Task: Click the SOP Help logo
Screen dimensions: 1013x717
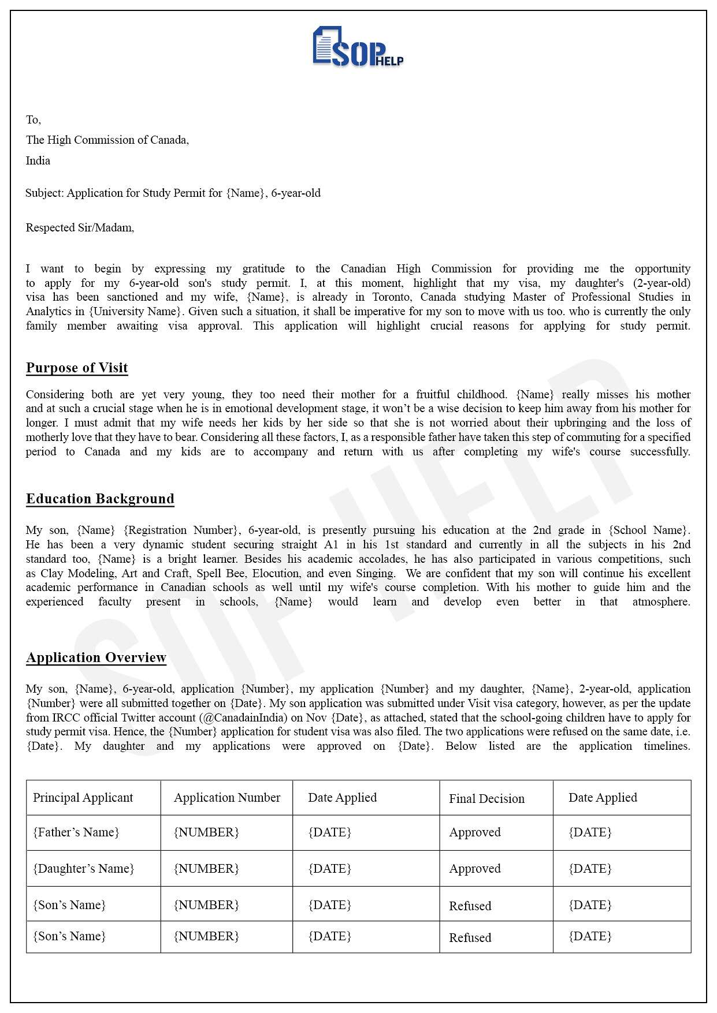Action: coord(358,47)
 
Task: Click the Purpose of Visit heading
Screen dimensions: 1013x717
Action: coord(77,368)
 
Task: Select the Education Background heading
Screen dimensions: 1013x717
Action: coord(100,499)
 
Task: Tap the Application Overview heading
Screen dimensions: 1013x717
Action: coord(96,657)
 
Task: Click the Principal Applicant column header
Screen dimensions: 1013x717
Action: coord(83,798)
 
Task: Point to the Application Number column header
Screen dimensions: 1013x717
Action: coord(227,798)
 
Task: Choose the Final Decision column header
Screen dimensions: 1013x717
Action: coord(486,799)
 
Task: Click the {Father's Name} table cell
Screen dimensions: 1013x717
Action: coord(76,832)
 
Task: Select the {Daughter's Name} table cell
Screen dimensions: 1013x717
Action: coord(84,869)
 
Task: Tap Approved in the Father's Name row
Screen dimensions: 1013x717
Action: coord(475,832)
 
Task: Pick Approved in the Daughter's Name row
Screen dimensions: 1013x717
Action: coord(475,869)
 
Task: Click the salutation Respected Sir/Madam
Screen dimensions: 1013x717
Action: coord(80,228)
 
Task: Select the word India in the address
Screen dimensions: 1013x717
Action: coord(38,161)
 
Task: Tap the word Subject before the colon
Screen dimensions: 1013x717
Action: coord(44,193)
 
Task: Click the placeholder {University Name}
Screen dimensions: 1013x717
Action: coord(136,312)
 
